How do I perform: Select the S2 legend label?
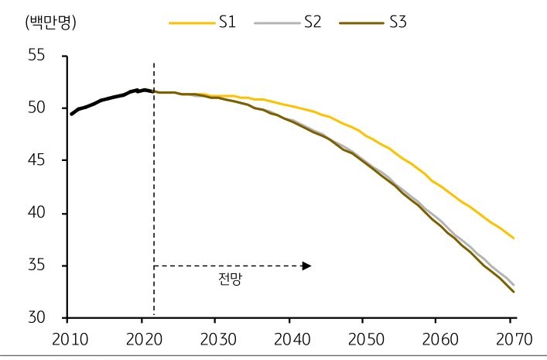pyautogui.click(x=312, y=22)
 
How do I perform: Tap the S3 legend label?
pyautogui.click(x=397, y=22)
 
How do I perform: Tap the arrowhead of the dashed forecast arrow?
pyautogui.click(x=307, y=266)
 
